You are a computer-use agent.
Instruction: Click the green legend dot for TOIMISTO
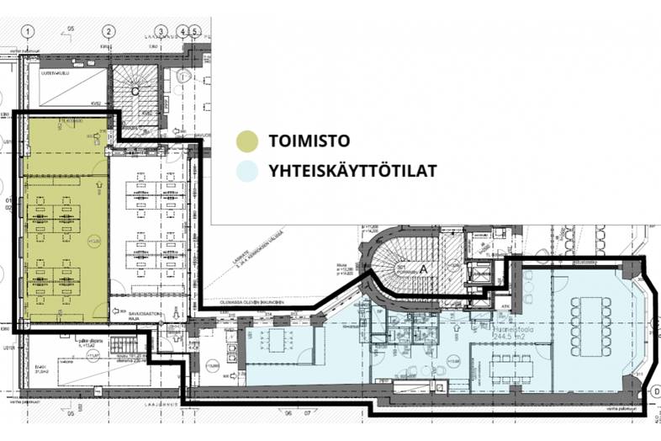coord(246,140)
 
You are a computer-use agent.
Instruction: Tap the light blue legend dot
coord(246,172)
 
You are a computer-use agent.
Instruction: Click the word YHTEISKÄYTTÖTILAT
coord(352,172)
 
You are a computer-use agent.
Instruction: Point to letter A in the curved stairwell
coord(424,268)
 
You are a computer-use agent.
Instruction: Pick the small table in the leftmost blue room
coord(275,340)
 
